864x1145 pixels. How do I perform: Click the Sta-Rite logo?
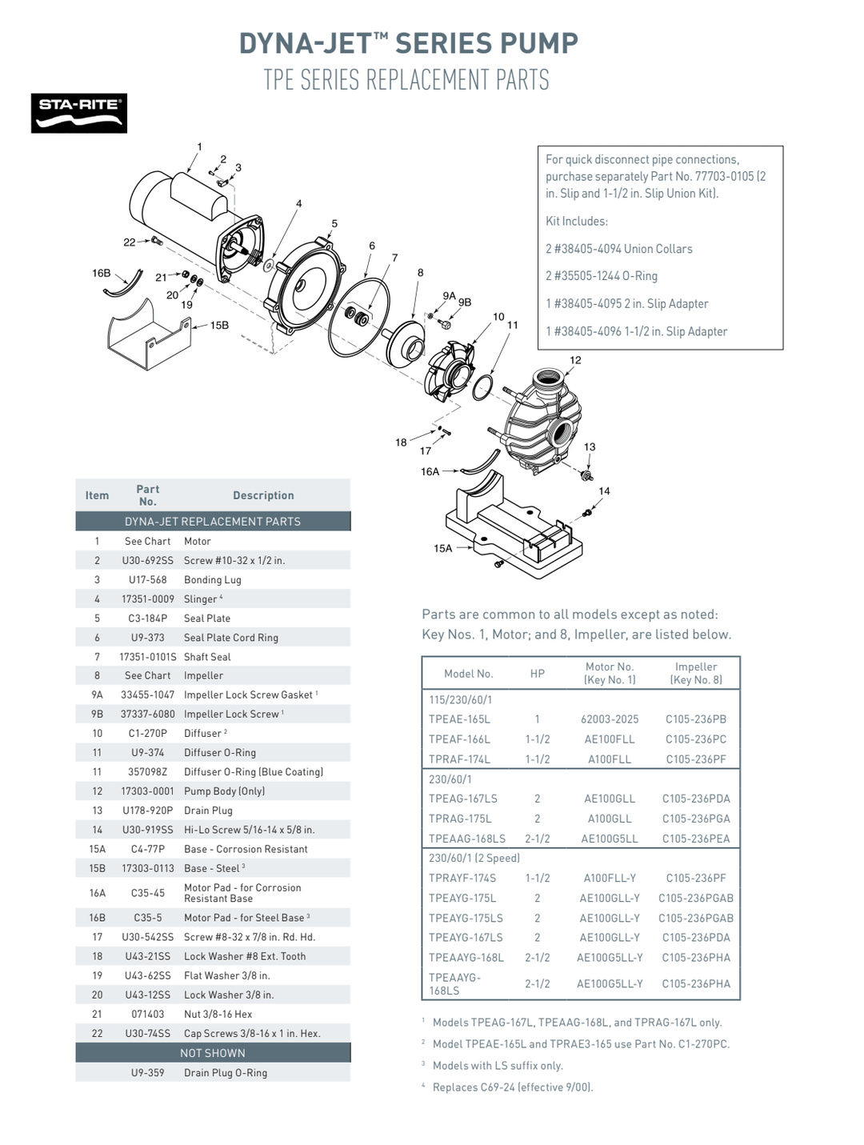pyautogui.click(x=78, y=113)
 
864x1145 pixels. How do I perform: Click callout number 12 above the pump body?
pyautogui.click(x=575, y=360)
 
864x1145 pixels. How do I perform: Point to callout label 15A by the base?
pyautogui.click(x=442, y=548)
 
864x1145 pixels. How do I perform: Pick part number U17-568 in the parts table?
pyautogui.click(x=147, y=579)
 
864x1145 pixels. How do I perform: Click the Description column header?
pyautogui.click(x=263, y=495)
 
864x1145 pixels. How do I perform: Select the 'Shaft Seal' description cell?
pyautogui.click(x=207, y=656)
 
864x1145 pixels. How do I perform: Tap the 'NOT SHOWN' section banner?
pyautogui.click(x=213, y=1053)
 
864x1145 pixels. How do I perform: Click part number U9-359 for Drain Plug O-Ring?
pyautogui.click(x=147, y=1072)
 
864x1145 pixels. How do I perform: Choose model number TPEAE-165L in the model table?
pyautogui.click(x=459, y=719)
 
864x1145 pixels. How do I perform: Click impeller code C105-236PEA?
pyautogui.click(x=696, y=839)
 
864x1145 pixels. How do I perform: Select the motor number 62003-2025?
pyautogui.click(x=610, y=719)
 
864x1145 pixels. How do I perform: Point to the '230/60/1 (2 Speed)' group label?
pyautogui.click(x=474, y=858)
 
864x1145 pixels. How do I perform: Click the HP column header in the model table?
pyautogui.click(x=537, y=674)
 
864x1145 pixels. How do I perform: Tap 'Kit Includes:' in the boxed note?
pyautogui.click(x=576, y=221)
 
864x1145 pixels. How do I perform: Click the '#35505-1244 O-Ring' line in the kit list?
pyautogui.click(x=601, y=276)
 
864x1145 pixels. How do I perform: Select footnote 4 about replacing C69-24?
pyautogui.click(x=512, y=1087)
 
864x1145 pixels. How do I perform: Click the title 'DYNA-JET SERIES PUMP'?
pyautogui.click(x=408, y=42)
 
